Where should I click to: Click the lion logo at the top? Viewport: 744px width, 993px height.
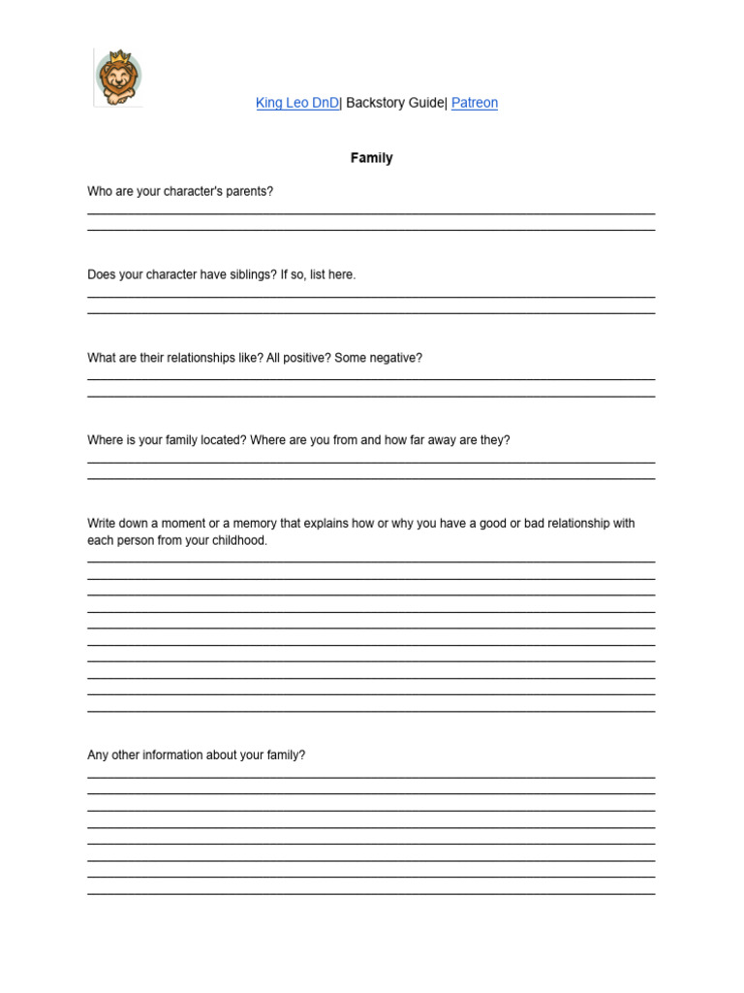pyautogui.click(x=117, y=78)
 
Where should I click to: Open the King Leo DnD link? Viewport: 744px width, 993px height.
pyautogui.click(x=297, y=103)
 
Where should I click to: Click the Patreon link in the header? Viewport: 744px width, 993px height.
pyautogui.click(x=475, y=103)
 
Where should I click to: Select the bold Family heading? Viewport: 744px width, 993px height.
pyautogui.click(x=372, y=158)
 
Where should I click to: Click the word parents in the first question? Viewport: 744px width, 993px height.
pyautogui.click(x=249, y=192)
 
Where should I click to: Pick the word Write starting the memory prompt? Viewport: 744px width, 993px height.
pyautogui.click(x=103, y=524)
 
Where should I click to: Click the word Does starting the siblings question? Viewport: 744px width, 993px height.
pyautogui.click(x=102, y=274)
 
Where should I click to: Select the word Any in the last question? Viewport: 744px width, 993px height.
pyautogui.click(x=97, y=754)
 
